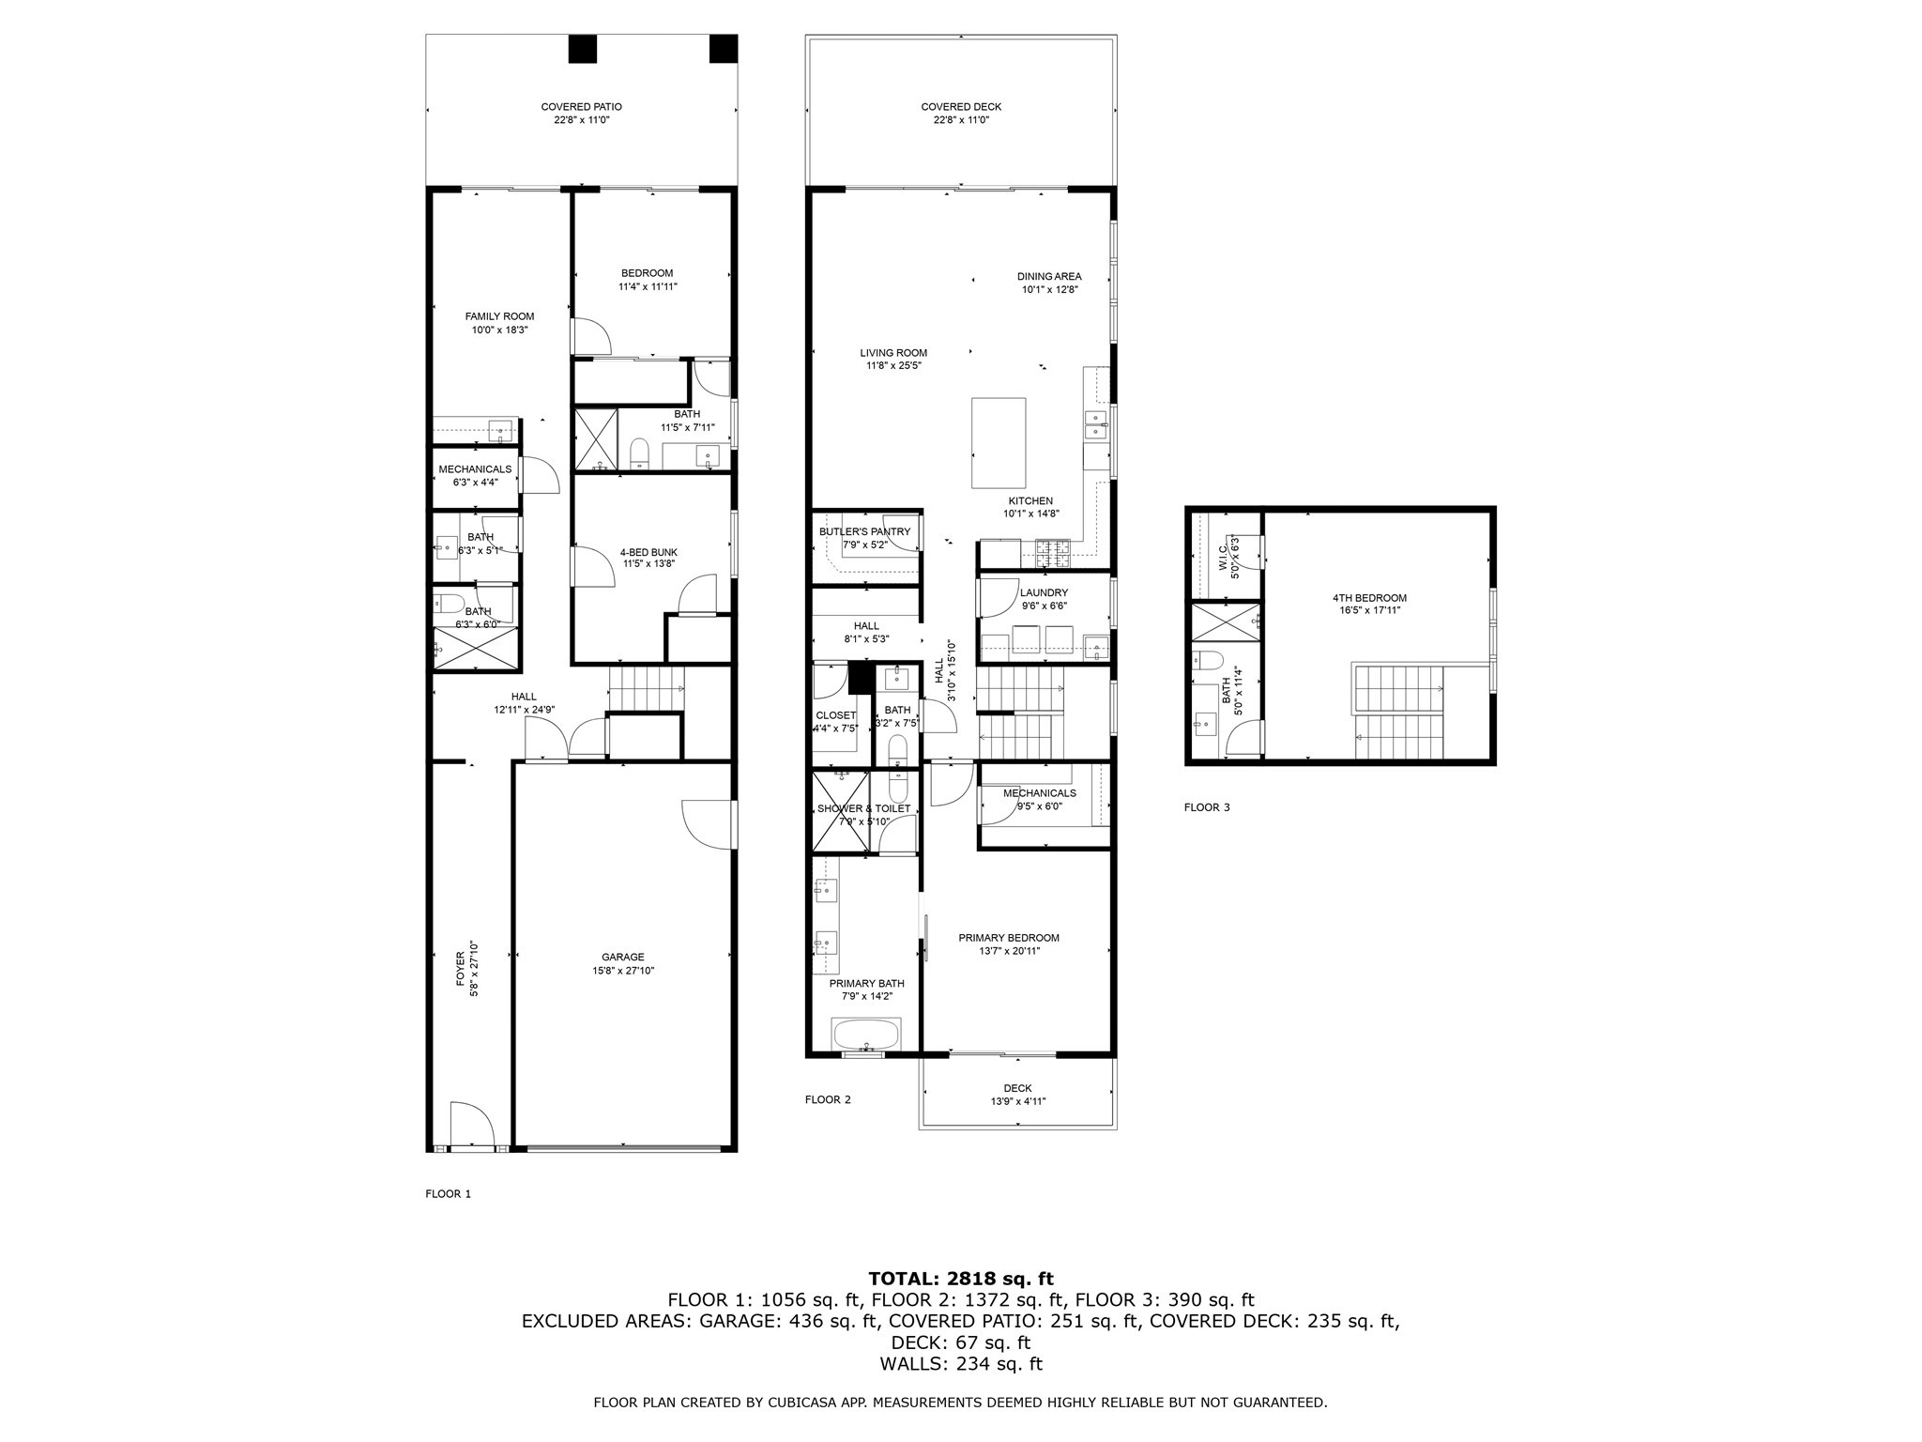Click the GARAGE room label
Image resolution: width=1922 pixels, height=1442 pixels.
[622, 964]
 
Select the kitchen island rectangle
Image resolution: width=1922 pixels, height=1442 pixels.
[998, 443]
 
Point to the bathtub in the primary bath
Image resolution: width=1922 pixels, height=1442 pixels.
[866, 1035]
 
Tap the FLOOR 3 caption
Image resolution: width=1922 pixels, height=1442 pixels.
[1206, 807]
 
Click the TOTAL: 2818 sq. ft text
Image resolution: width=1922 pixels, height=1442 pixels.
[960, 1279]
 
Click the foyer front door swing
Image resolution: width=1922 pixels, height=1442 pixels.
[470, 1125]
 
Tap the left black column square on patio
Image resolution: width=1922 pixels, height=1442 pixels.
[582, 49]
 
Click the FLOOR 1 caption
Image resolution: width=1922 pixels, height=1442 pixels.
[448, 1194]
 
